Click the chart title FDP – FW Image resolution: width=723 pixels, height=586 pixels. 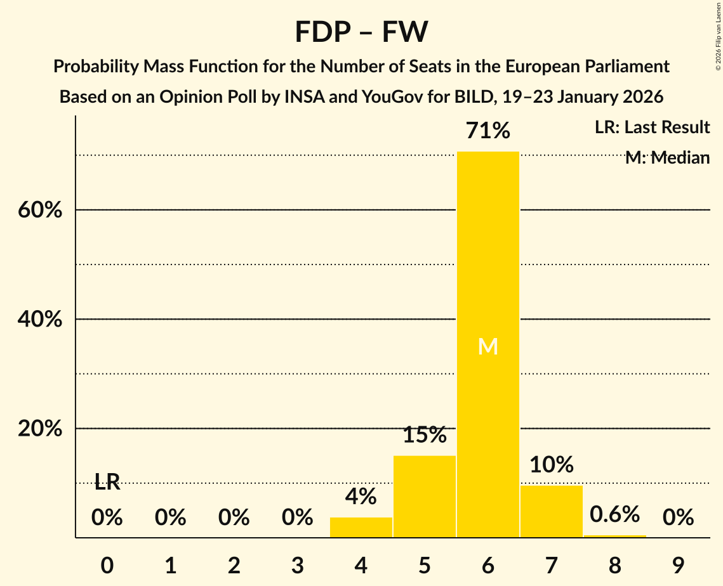(361, 32)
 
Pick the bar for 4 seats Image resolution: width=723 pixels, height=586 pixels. (361, 527)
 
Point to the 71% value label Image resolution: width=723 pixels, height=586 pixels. (488, 131)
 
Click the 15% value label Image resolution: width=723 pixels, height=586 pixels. (425, 435)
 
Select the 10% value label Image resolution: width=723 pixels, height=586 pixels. (551, 465)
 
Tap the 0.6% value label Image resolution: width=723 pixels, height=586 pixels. (614, 514)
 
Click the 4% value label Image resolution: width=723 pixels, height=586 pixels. (361, 497)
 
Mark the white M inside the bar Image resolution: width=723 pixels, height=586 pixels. (488, 346)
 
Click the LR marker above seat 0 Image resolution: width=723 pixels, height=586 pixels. (107, 482)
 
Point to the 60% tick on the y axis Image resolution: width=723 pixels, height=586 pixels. (40, 210)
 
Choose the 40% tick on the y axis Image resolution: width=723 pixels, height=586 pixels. (40, 320)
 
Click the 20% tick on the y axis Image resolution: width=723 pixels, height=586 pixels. (40, 429)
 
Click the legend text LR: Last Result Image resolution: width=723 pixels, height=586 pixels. (652, 127)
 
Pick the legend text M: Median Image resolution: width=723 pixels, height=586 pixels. (667, 158)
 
